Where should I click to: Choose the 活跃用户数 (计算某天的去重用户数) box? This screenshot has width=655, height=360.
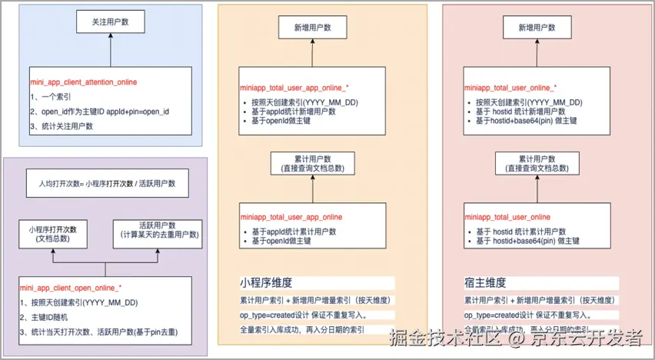point(160,229)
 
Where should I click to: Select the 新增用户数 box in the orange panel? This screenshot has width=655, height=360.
point(312,28)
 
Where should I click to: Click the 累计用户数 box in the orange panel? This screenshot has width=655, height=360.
point(312,162)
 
